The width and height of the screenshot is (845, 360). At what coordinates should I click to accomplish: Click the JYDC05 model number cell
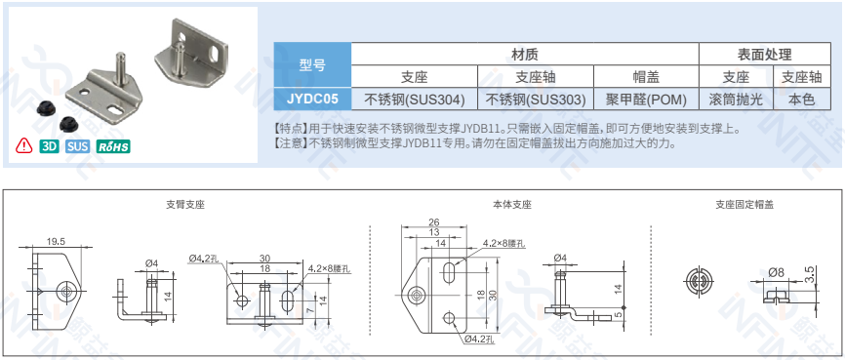(x=312, y=100)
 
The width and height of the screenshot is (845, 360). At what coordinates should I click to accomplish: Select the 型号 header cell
(x=312, y=65)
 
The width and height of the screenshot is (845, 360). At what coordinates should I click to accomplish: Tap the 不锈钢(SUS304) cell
(x=415, y=100)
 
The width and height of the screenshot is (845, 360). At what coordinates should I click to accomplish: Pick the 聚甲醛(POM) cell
(x=646, y=100)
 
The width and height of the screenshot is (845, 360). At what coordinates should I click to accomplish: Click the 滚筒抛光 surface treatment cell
(x=736, y=100)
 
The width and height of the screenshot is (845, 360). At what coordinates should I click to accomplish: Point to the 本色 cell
(x=801, y=100)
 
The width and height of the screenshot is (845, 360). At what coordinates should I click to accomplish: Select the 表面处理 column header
(x=764, y=54)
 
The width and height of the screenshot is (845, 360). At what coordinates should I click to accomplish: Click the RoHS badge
(x=113, y=146)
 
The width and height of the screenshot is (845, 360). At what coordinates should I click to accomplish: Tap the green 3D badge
(x=49, y=146)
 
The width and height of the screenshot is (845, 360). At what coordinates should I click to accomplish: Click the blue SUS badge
(x=78, y=146)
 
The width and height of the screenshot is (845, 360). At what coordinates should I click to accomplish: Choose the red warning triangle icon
(x=24, y=145)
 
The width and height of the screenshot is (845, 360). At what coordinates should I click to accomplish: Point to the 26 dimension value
(x=433, y=221)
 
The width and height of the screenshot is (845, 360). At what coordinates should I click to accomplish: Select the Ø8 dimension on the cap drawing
(x=776, y=273)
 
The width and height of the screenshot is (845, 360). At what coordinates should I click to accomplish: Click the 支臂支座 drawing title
(x=185, y=205)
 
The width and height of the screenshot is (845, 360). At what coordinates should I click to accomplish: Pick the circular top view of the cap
(x=700, y=281)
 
